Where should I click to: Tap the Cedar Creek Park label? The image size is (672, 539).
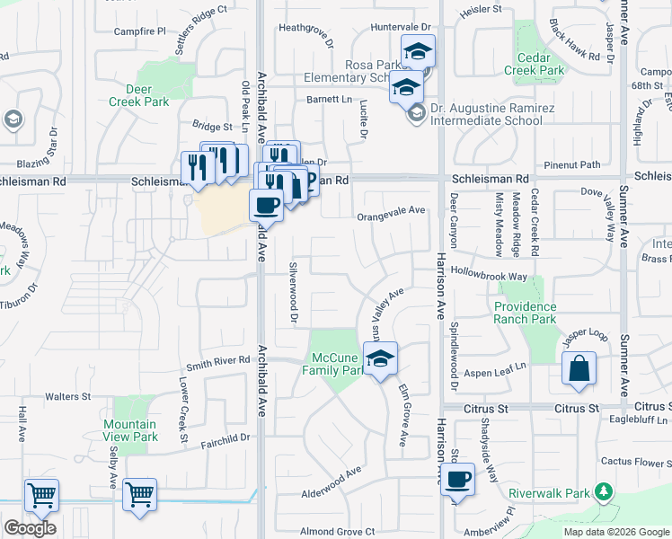click(534, 64)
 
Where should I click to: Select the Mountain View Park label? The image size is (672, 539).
click(129, 430)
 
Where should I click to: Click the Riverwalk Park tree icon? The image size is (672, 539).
click(605, 491)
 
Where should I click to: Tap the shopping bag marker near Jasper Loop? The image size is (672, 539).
click(579, 368)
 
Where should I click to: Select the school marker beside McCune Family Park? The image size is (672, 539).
click(381, 358)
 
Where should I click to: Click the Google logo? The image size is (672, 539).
click(30, 528)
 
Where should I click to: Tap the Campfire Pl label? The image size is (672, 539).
click(140, 31)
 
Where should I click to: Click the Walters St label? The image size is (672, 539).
click(69, 396)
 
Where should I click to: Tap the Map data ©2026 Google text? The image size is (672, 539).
click(616, 532)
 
